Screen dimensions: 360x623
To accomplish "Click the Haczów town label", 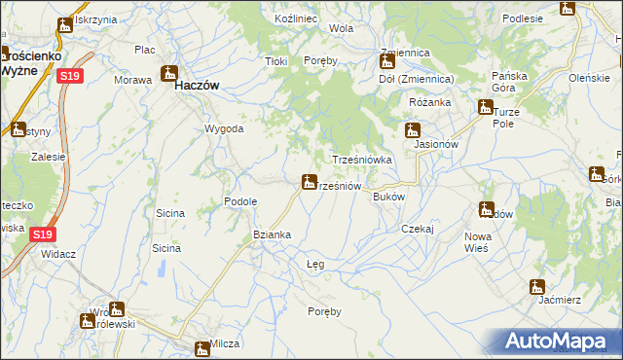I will pyautogui.click(x=194, y=86).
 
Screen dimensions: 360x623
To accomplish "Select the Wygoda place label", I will pyautogui.click(x=223, y=128).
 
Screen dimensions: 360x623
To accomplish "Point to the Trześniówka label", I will pyautogui.click(x=362, y=160).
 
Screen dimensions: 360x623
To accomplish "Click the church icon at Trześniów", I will pyautogui.click(x=309, y=181).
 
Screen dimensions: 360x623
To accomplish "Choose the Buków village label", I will pyautogui.click(x=388, y=196).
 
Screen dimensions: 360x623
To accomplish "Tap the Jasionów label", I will pyautogui.click(x=435, y=144).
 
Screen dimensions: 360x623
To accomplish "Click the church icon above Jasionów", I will pyautogui.click(x=413, y=129).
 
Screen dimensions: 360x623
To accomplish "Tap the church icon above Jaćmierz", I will pyautogui.click(x=535, y=286).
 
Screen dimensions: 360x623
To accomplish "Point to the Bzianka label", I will pyautogui.click(x=272, y=234).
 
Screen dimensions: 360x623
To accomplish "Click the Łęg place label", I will pyautogui.click(x=315, y=264).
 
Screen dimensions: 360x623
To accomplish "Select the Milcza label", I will pyautogui.click(x=225, y=344).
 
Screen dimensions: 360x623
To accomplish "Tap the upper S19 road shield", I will pyautogui.click(x=68, y=76).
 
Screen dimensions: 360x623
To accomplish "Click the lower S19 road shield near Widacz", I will pyautogui.click(x=42, y=234).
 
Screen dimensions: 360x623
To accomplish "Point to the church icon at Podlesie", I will pyautogui.click(x=568, y=9).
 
